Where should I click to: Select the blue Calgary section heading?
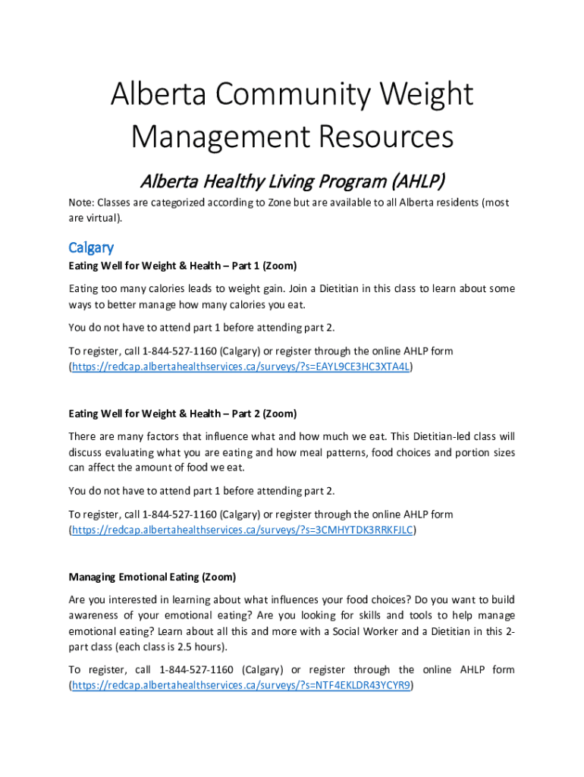91,247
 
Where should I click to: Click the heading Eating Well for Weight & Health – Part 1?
183,266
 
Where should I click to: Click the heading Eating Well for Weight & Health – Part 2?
183,414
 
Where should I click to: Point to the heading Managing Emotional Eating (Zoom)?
152,577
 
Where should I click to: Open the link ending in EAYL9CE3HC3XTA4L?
241,367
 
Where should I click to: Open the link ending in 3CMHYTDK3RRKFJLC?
242,530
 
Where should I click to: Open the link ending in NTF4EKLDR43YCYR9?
241,686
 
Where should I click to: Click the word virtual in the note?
102,218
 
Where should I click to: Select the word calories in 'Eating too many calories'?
172,288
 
